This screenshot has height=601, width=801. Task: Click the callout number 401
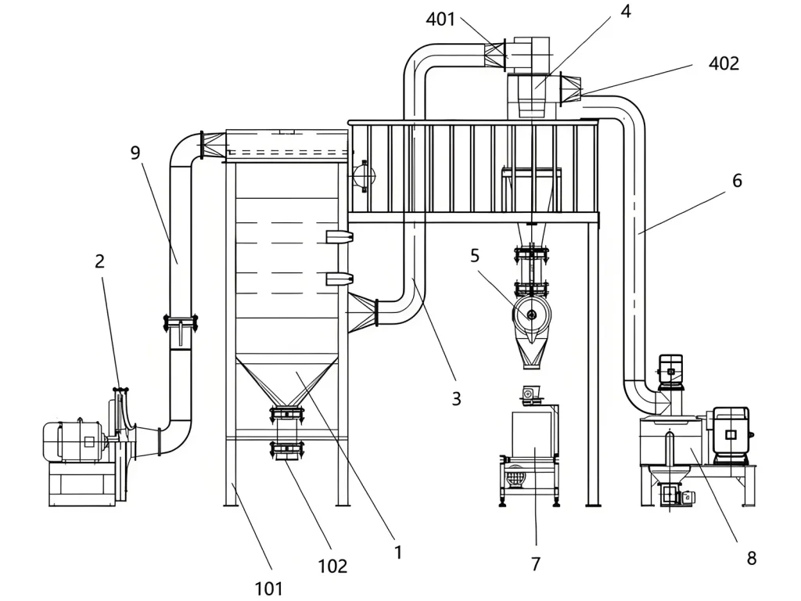point(440,20)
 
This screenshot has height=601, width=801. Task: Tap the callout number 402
point(724,64)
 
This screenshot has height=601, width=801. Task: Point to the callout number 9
point(135,153)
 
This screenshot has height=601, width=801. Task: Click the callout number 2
point(99,261)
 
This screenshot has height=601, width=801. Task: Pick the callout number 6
point(737,181)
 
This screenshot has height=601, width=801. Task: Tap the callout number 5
point(475,255)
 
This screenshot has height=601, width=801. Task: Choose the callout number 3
point(456,399)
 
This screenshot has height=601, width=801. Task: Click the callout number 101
point(269,588)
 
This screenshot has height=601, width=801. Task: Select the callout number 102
point(332,566)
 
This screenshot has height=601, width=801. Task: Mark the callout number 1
point(398,552)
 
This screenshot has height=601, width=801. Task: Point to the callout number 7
point(536,563)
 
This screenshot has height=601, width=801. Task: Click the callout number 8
point(751,558)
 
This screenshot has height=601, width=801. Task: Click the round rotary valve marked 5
point(532,315)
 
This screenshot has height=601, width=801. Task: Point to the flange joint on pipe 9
point(181,320)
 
